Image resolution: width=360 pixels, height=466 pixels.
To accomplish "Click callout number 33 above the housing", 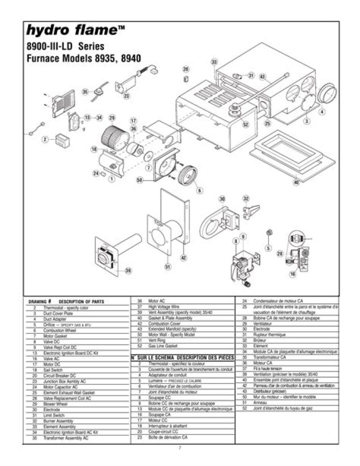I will pyautogui.click(x=214, y=63).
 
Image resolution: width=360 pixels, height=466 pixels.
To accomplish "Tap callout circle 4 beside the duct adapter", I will pyautogui.click(x=322, y=112).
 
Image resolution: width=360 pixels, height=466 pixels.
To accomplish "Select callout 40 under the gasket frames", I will pyautogui.click(x=296, y=182).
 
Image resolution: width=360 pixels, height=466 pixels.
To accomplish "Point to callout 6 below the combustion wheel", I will pyautogui.click(x=199, y=190).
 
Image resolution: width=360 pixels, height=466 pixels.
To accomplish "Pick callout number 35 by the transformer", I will pyautogui.click(x=85, y=92).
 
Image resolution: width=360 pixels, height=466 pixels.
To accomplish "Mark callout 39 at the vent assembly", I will pyautogui.click(x=128, y=271).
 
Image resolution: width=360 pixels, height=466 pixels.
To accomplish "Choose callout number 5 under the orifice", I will pyautogui.click(x=268, y=248).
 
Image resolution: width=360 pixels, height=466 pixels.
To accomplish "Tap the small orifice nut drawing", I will pyautogui.click(x=268, y=232).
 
